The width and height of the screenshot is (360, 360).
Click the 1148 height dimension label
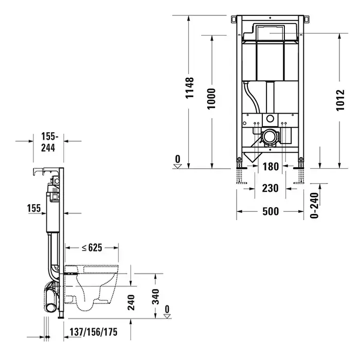pyautogui.click(x=190, y=88)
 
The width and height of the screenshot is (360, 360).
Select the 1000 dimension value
pyautogui.click(x=211, y=99)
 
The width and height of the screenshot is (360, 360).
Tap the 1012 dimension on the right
pyautogui.click(x=340, y=100)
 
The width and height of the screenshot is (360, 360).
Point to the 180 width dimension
pyautogui.click(x=271, y=167)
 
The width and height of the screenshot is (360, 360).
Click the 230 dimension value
pyautogui.click(x=270, y=188)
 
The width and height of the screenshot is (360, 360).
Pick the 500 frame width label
pyautogui.click(x=271, y=211)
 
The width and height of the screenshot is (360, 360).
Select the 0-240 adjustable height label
pyautogui.click(x=314, y=205)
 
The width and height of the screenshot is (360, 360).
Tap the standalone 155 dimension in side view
pyautogui.click(x=34, y=208)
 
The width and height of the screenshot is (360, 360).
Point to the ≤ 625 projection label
pyautogui.click(x=92, y=247)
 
